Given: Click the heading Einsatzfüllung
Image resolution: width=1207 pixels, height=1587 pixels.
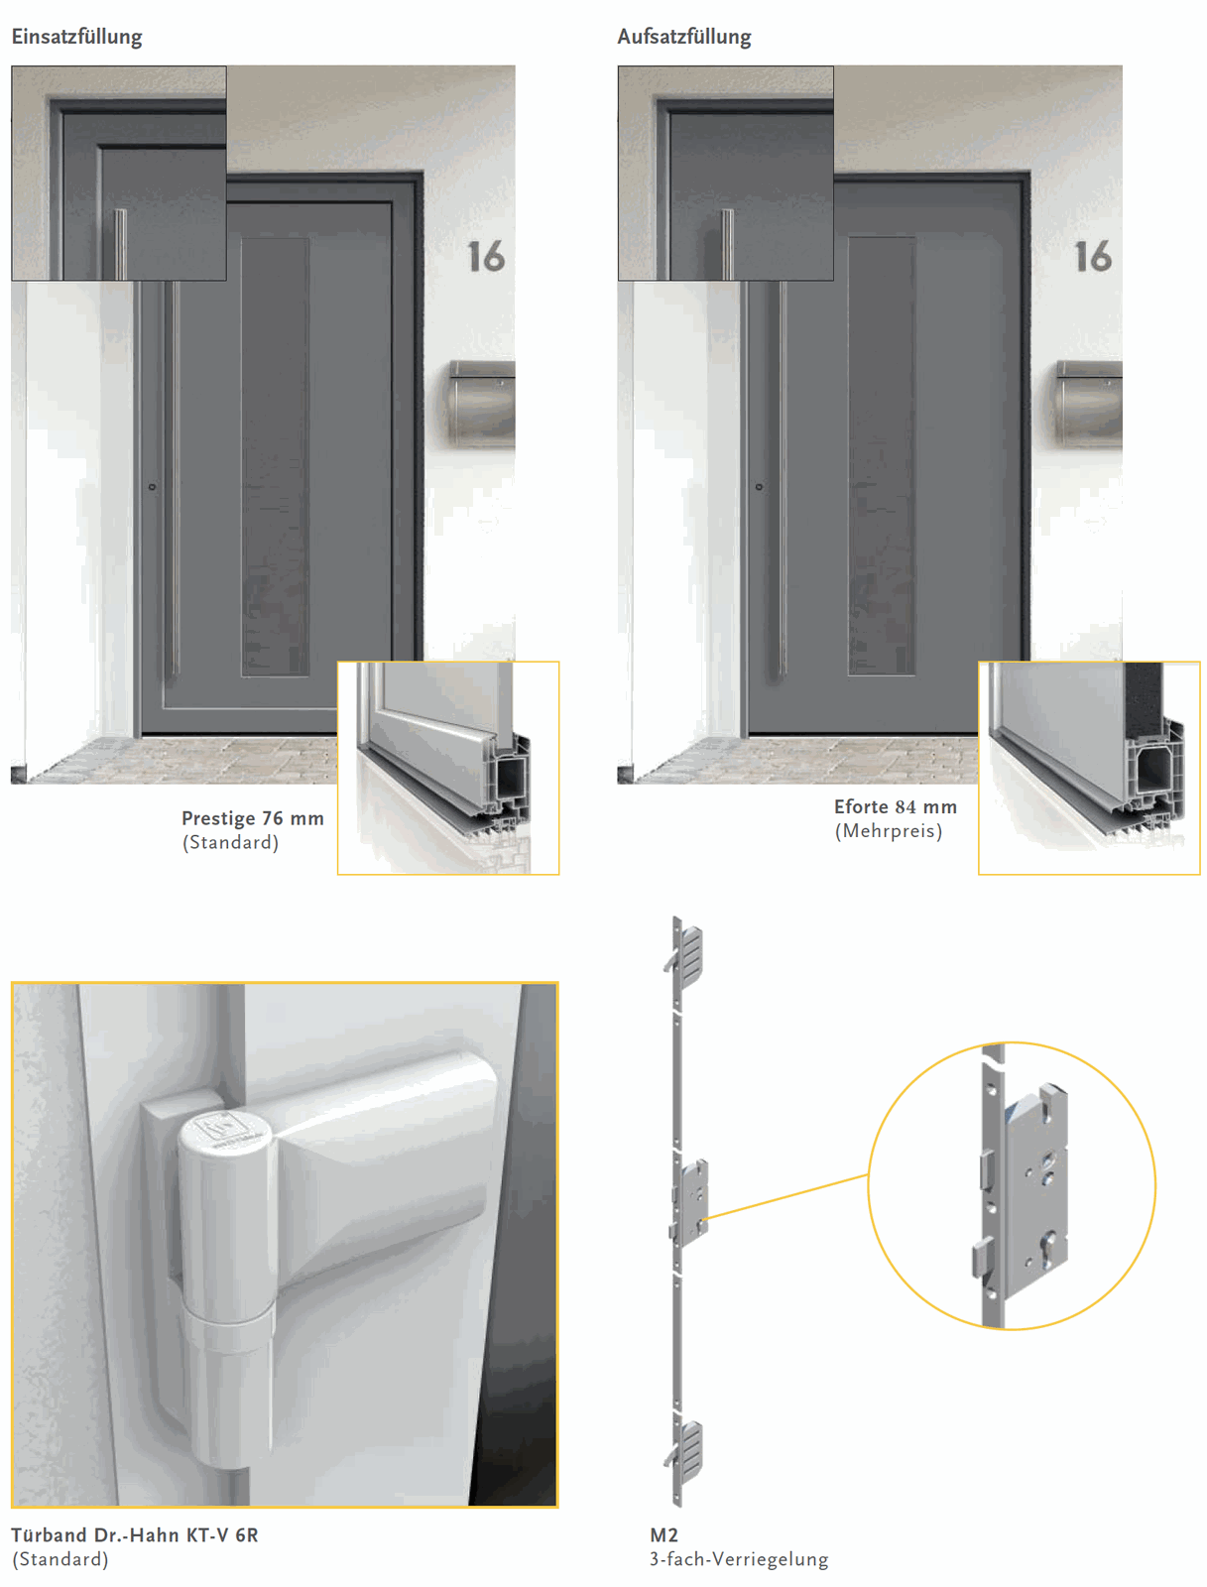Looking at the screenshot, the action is pyautogui.click(x=76, y=37).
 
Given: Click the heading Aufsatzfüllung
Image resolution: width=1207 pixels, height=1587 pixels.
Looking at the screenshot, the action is pyautogui.click(x=683, y=37).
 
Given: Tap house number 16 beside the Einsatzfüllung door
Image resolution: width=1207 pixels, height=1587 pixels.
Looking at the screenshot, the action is pyautogui.click(x=486, y=257).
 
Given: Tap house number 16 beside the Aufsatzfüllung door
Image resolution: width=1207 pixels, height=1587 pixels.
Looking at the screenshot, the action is pyautogui.click(x=1093, y=257).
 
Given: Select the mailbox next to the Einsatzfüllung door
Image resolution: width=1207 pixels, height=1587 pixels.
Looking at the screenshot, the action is pyautogui.click(x=482, y=403).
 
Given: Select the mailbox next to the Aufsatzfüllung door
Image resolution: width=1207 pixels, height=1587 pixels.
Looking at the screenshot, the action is pyautogui.click(x=1089, y=403).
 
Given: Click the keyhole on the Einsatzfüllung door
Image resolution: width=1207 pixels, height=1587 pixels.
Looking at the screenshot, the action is pyautogui.click(x=152, y=487).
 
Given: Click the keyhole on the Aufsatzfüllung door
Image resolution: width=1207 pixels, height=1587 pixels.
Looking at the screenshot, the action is pyautogui.click(x=759, y=487).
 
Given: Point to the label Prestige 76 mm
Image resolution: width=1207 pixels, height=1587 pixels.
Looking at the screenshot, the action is pyautogui.click(x=252, y=818).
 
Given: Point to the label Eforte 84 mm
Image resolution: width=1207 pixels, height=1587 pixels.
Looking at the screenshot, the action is pyautogui.click(x=896, y=806).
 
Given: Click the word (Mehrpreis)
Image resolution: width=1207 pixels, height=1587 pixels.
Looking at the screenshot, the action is pyautogui.click(x=889, y=831).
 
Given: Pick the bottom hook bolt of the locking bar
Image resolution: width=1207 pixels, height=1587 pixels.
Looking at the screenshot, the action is pyautogui.click(x=684, y=1450).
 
